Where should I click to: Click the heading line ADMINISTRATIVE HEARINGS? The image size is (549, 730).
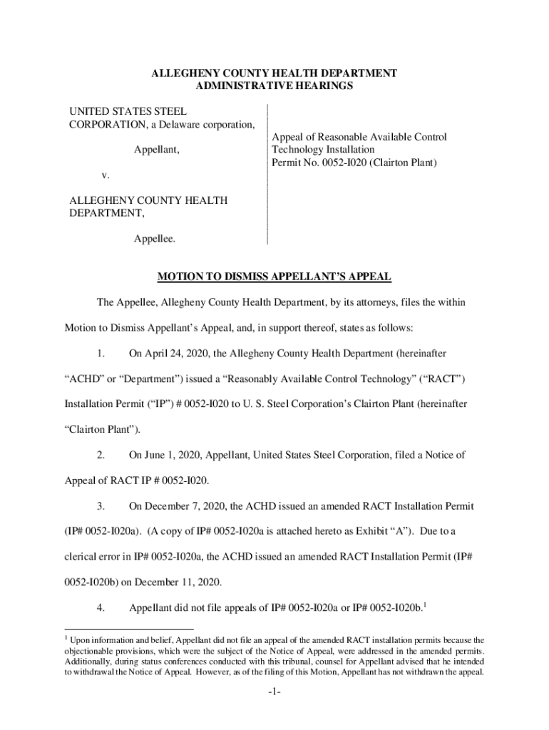pos(274,86)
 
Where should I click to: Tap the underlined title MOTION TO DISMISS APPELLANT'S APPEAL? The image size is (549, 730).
pos(274,277)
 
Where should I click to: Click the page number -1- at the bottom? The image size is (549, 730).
pos(274,693)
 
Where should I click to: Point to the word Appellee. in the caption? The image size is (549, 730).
pos(155,240)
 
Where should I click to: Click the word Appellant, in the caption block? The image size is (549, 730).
pos(157,150)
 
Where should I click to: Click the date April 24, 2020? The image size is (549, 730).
pos(180,353)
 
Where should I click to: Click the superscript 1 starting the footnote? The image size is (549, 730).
pos(71,639)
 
